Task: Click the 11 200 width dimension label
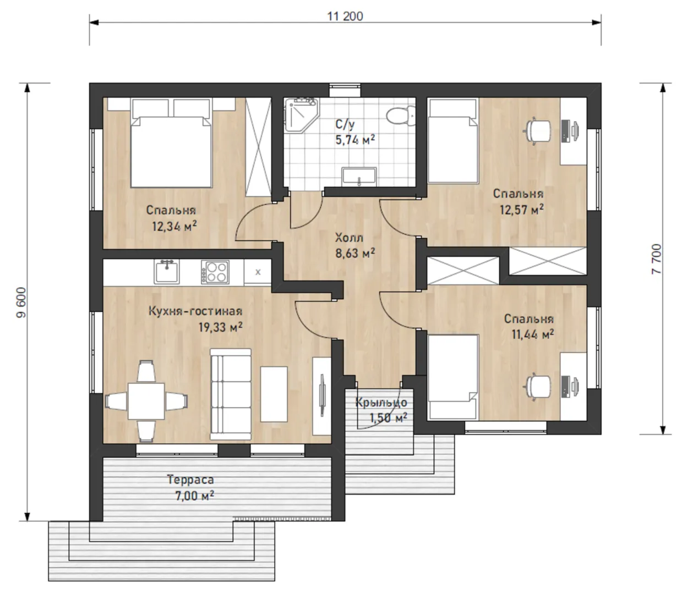pos(345,16)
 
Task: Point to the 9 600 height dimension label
pos(21,302)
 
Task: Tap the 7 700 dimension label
pos(656,259)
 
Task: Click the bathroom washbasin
pos(359,176)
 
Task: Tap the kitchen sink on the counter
pos(166,272)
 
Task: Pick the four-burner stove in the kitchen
pos(215,272)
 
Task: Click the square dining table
pos(146,401)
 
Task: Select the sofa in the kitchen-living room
pos(231,394)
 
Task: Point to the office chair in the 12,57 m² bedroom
pos(537,131)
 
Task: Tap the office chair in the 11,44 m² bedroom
pos(537,387)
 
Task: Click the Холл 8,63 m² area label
pos(355,246)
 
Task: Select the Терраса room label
pos(190,480)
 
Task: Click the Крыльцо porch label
pos(381,403)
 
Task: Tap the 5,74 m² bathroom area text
pos(355,140)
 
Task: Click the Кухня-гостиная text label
pos(195,311)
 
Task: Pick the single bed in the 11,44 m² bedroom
pos(452,377)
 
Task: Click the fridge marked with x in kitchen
pos(258,272)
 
